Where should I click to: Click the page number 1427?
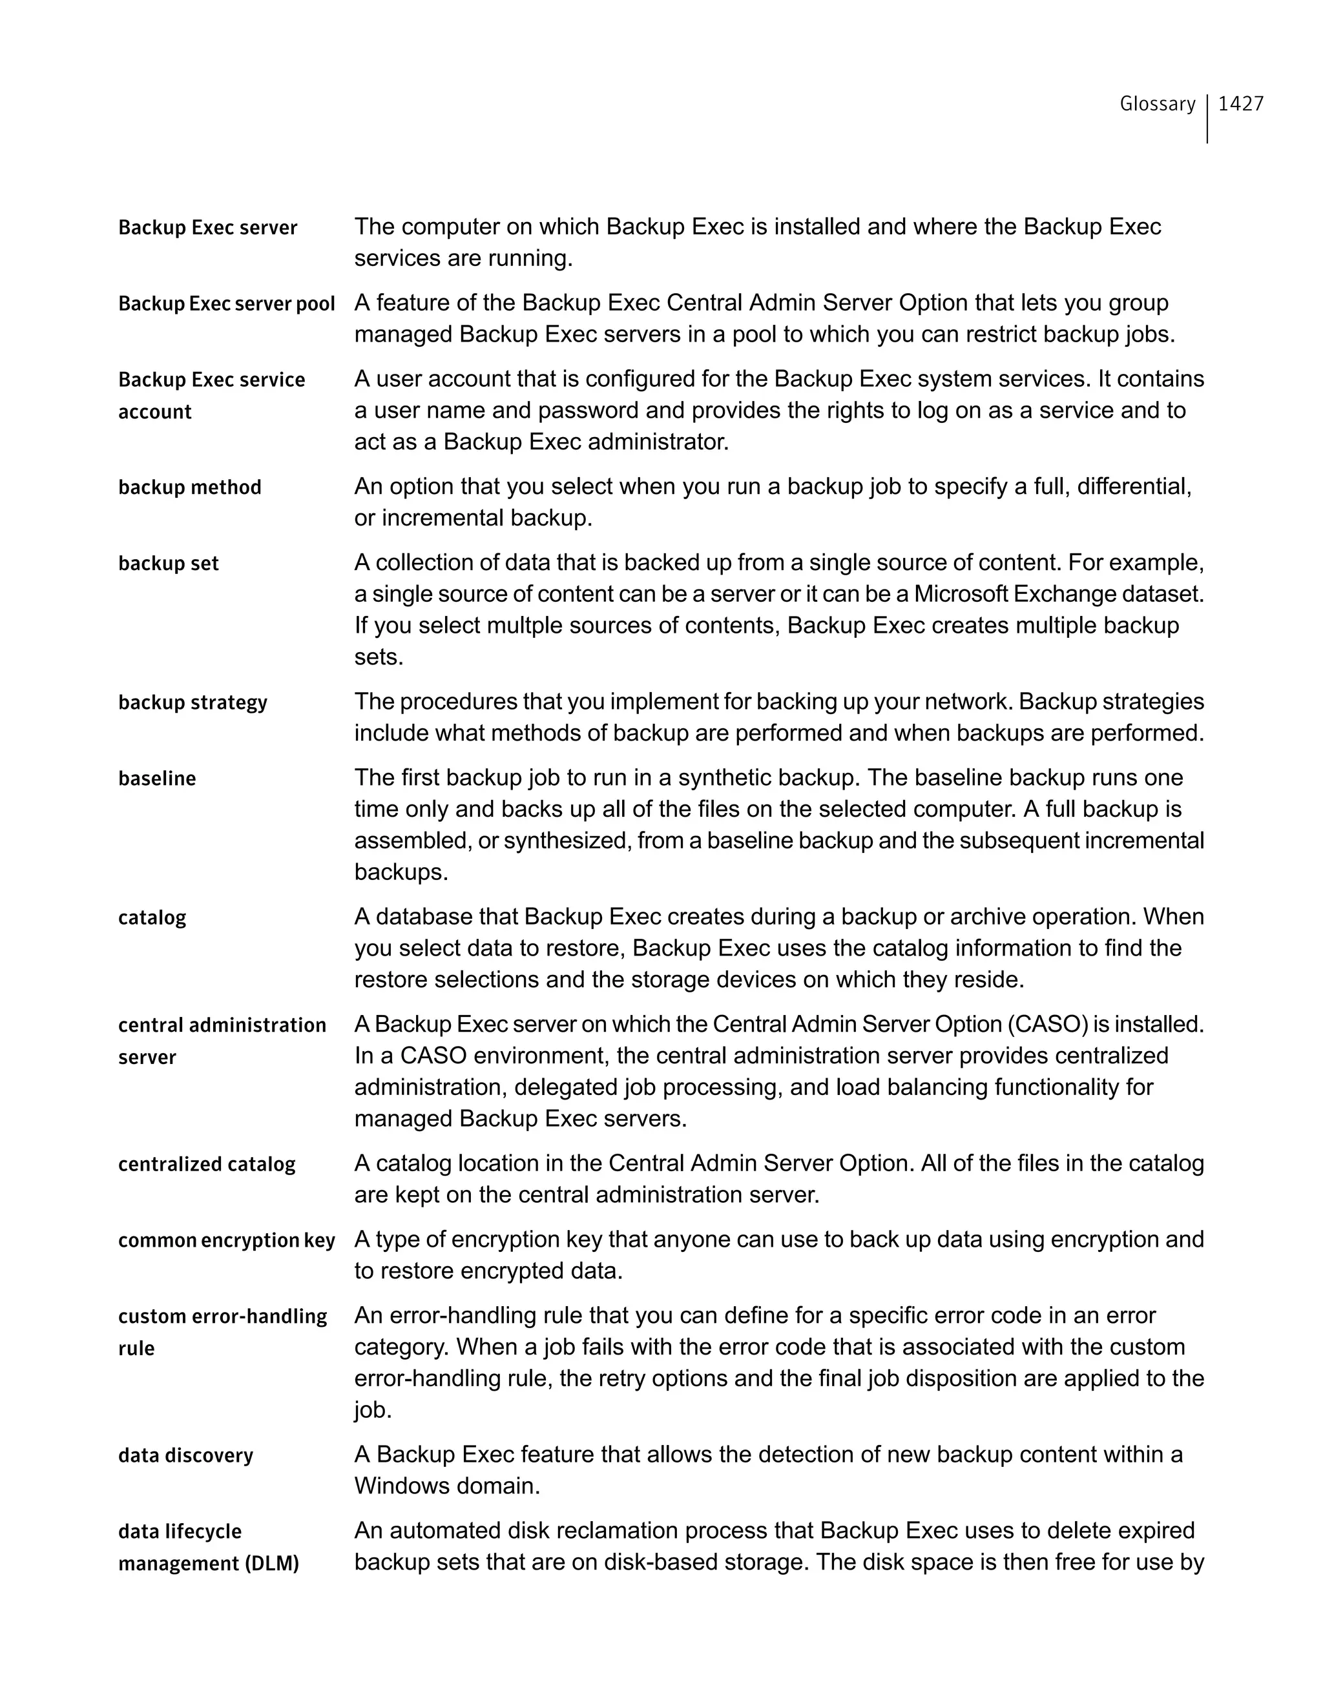[x=1240, y=103]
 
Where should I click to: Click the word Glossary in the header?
[x=1157, y=103]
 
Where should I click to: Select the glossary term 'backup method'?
[x=189, y=487]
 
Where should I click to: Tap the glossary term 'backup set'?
[x=168, y=564]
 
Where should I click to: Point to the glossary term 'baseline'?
[x=156, y=779]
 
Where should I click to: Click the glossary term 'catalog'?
[x=152, y=917]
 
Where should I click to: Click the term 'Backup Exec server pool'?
[x=226, y=303]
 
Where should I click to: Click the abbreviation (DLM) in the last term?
[x=272, y=1564]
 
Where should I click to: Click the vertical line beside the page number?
[x=1207, y=118]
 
